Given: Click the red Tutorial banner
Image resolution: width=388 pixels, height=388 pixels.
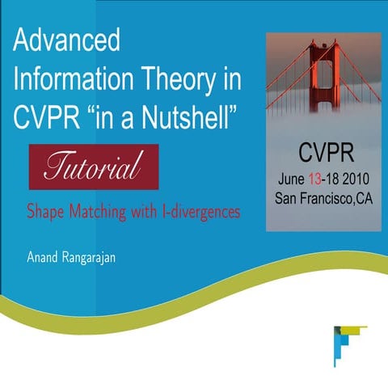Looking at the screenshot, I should [x=94, y=167].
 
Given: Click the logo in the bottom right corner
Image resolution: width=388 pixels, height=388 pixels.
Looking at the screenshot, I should [x=345, y=339].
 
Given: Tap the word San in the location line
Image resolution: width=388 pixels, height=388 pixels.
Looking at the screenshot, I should [x=285, y=198].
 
